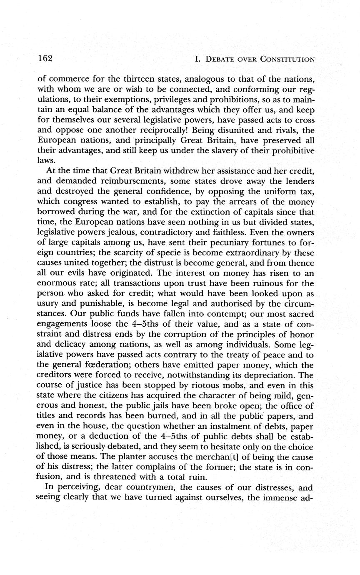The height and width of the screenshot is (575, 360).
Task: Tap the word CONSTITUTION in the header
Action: [x=287, y=59]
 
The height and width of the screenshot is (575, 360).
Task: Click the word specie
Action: [x=169, y=253]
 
